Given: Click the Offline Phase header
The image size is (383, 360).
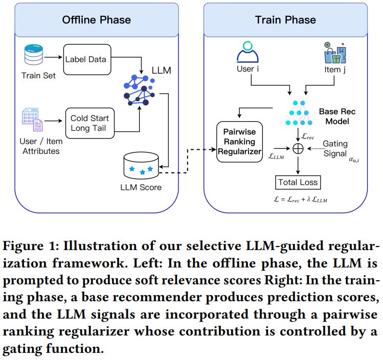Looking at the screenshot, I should tap(97, 20).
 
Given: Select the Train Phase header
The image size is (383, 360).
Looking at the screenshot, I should tap(285, 20).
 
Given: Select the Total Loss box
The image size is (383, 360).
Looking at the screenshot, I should tap(298, 182).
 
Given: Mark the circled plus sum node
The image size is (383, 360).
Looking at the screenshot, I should tap(298, 148).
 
